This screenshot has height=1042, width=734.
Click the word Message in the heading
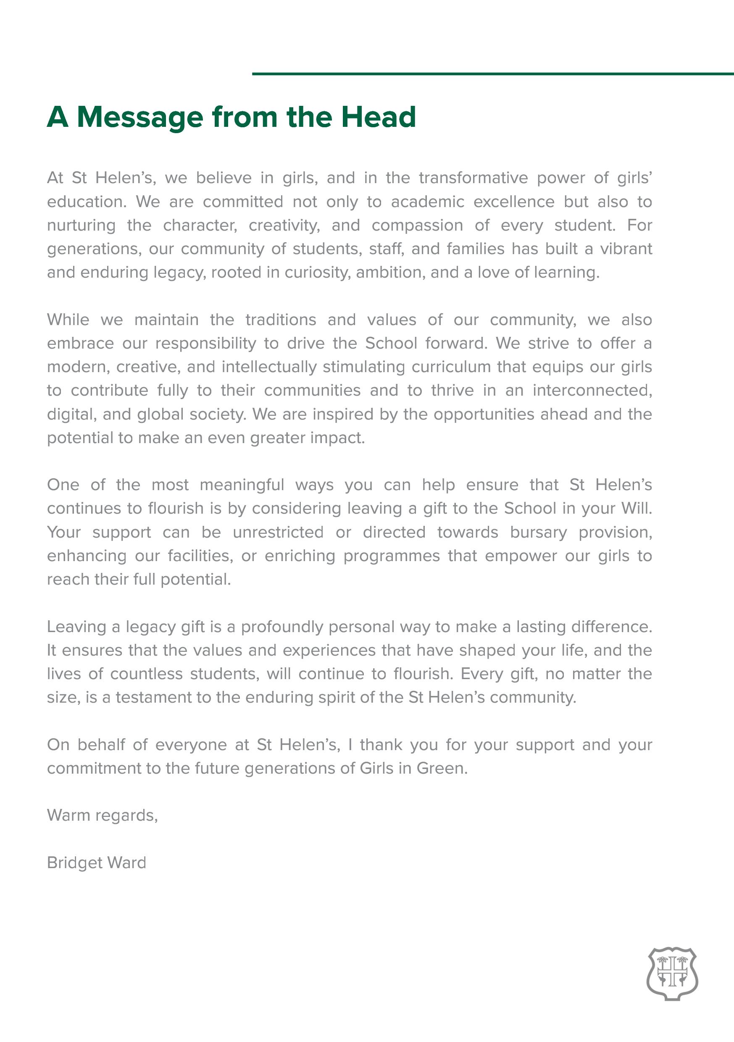pos(140,117)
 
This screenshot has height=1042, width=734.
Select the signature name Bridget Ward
pos(97,863)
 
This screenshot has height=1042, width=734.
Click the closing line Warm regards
pos(102,816)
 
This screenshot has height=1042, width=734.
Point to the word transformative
pos(473,178)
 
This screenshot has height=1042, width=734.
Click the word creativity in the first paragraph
pos(284,225)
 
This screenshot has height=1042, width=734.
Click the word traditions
pos(281,320)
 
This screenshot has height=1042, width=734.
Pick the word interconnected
pos(592,390)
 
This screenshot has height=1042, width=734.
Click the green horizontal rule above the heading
pos(492,73)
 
